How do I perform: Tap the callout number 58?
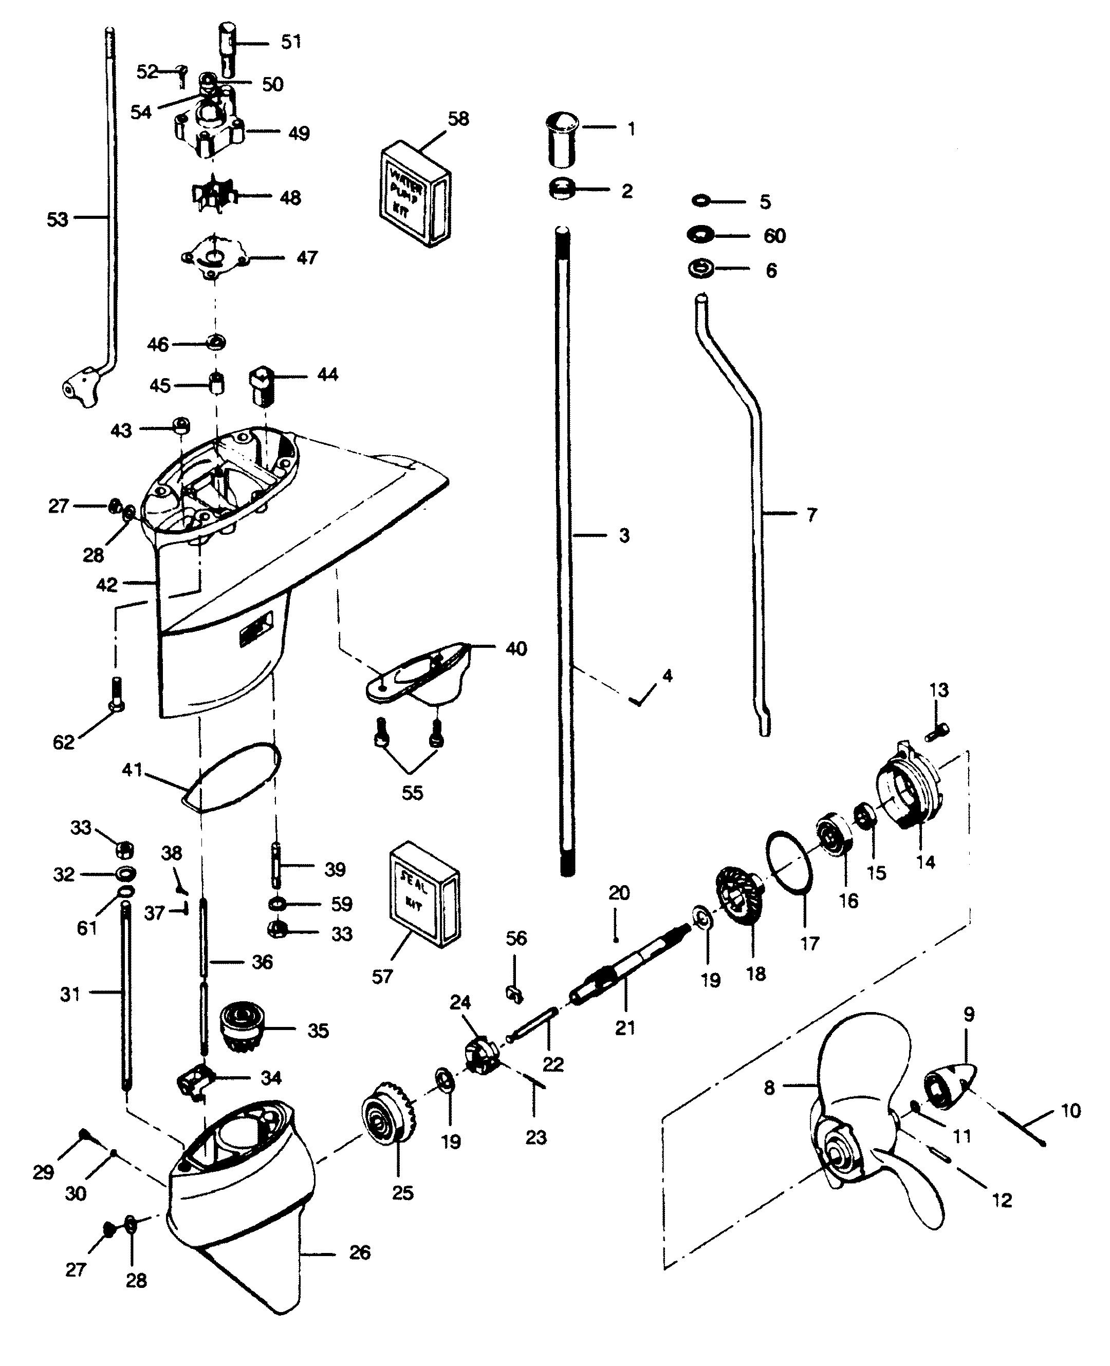click(458, 119)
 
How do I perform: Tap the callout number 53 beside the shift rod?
click(58, 219)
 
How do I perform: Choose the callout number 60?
click(774, 236)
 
